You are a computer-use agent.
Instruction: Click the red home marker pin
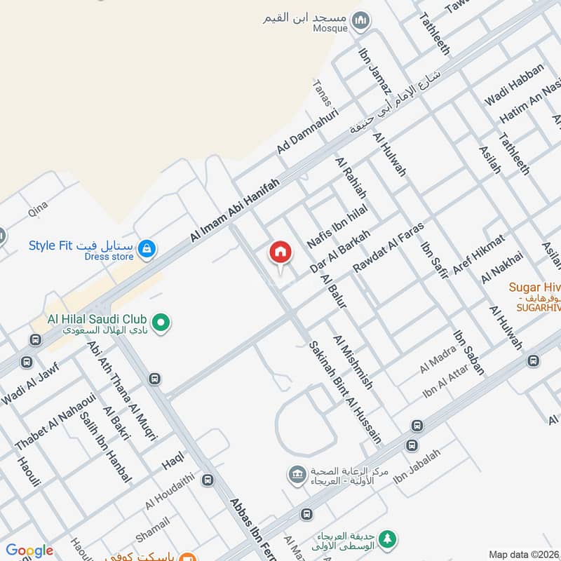click(x=280, y=252)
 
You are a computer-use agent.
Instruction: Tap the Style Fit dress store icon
click(x=147, y=248)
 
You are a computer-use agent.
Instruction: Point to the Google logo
click(x=29, y=551)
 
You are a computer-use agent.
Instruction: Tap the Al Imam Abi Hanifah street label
click(x=234, y=211)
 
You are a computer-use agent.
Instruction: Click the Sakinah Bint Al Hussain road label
click(x=346, y=392)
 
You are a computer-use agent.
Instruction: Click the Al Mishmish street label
click(x=358, y=362)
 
